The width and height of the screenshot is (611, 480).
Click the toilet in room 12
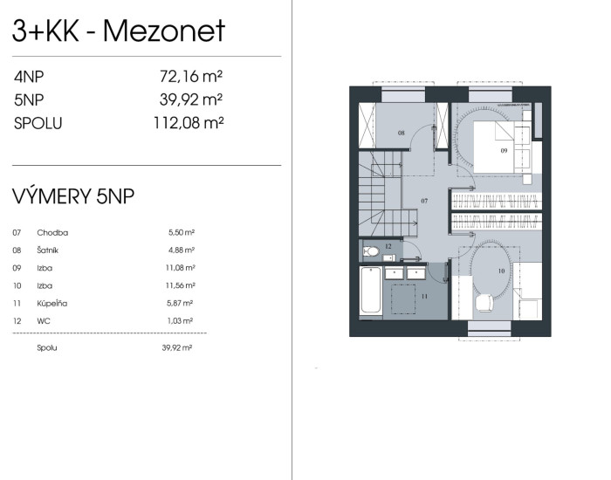(370, 251)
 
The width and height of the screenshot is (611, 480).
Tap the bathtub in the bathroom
(371, 290)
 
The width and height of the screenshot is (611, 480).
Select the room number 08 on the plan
(401, 133)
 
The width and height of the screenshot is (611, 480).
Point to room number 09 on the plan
(504, 150)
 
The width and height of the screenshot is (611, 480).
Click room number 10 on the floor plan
(501, 271)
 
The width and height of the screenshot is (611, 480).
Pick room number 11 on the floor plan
(424, 296)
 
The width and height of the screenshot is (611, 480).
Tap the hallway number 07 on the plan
(424, 201)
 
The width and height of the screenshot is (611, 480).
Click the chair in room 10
(484, 303)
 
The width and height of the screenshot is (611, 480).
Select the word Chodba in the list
(52, 233)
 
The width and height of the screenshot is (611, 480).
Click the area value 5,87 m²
(180, 303)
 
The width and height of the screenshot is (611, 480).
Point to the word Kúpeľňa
(52, 303)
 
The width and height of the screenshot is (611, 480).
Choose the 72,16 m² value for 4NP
(191, 77)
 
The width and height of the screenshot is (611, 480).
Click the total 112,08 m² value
(189, 123)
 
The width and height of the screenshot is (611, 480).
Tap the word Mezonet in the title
(164, 31)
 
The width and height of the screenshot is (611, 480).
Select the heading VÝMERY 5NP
(73, 196)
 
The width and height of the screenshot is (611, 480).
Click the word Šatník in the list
(47, 250)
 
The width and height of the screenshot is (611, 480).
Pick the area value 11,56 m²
(181, 285)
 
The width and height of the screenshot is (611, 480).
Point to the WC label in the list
(44, 321)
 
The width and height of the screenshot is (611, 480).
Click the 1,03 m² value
(180, 321)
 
